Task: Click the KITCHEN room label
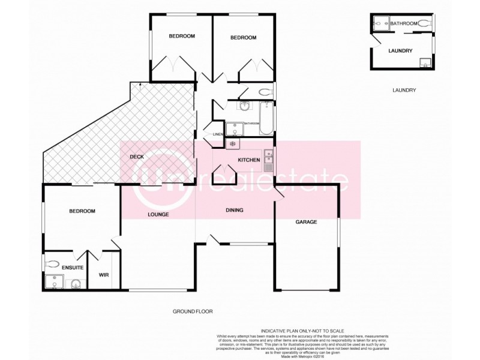coord(248,160)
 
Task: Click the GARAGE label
coord(306,222)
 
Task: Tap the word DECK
coord(137,157)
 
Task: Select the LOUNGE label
coord(158,214)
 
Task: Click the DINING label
coord(234,210)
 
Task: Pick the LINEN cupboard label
coord(218,134)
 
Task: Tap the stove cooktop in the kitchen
coord(232,144)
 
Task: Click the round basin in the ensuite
coord(76,283)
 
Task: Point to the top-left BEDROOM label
coord(181,37)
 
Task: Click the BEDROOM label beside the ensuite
coord(82,211)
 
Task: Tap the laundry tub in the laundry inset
coord(425,62)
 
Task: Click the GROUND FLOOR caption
coord(193,312)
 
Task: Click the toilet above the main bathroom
coord(264,92)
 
